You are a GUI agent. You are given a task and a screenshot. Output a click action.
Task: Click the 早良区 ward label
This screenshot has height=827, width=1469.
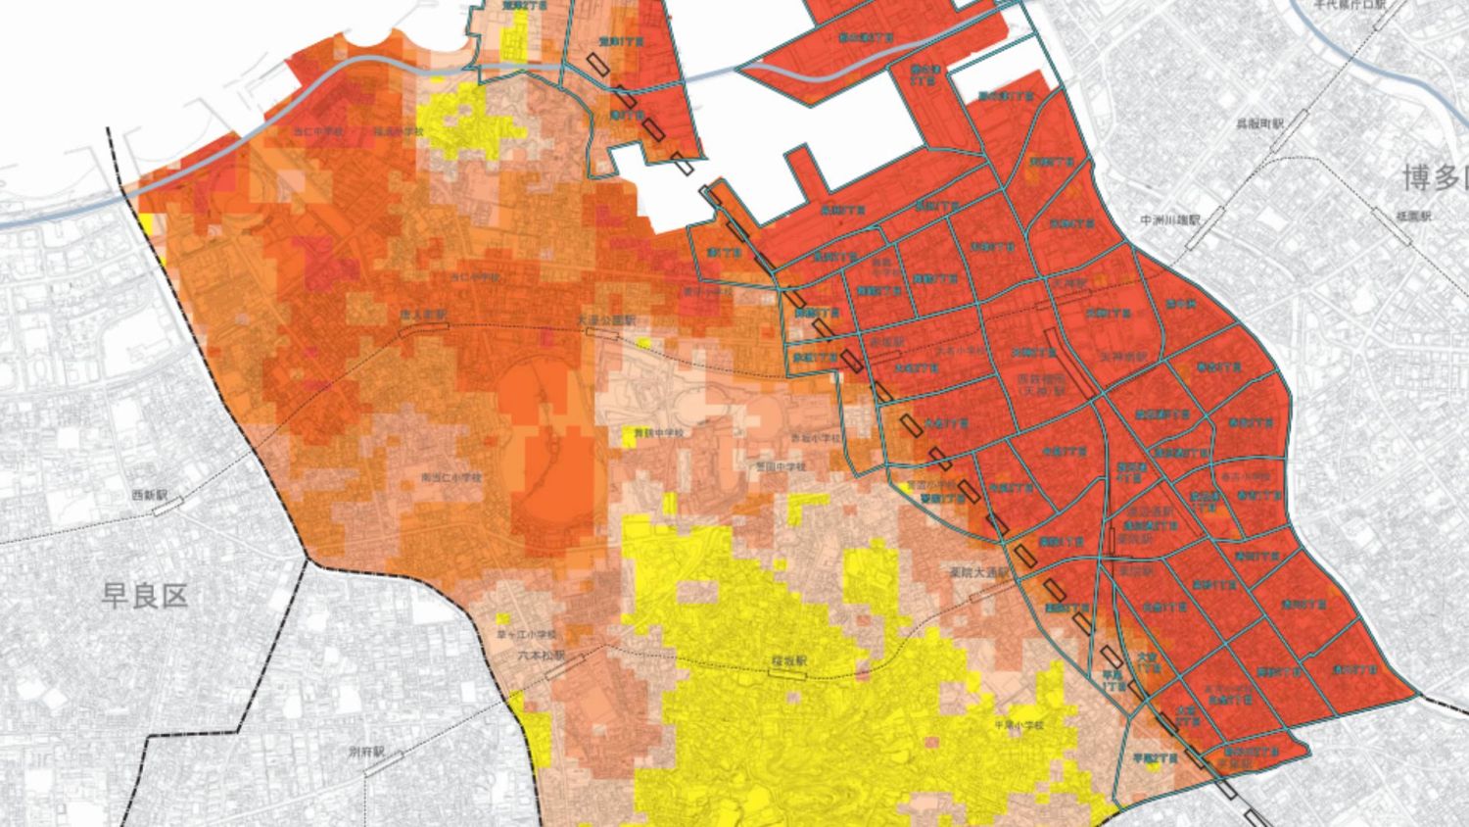[x=144, y=595]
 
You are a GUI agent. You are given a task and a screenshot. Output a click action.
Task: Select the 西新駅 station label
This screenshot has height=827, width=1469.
[x=151, y=496]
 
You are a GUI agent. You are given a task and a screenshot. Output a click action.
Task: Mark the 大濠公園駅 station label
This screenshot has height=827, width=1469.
[x=605, y=319]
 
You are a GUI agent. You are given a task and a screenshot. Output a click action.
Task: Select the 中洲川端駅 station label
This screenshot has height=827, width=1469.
[x=1171, y=221]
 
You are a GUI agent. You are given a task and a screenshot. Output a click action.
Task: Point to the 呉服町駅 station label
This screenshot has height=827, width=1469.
[x=1259, y=124]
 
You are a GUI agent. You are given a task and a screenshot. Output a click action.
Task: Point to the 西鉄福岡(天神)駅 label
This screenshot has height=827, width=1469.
[x=1042, y=382]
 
